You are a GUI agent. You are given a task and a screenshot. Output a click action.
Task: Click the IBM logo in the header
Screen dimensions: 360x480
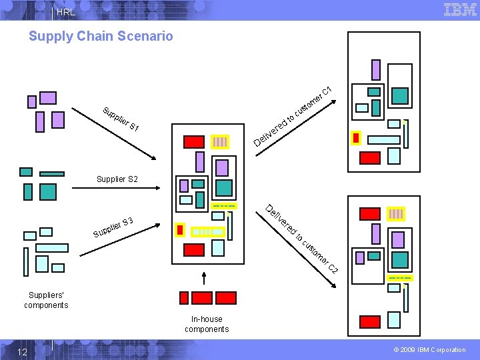(460, 9)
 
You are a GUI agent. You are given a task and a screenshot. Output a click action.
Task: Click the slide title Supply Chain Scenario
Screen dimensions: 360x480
(101, 36)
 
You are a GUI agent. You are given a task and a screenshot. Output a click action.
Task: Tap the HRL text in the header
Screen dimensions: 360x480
(66, 12)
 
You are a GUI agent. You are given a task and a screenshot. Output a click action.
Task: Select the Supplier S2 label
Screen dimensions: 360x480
(117, 179)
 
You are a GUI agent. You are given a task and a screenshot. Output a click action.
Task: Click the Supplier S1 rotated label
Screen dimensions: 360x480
(121, 118)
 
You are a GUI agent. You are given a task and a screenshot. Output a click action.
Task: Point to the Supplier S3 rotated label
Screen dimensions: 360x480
(113, 227)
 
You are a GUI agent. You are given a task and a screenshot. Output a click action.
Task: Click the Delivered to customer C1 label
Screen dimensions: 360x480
(293, 117)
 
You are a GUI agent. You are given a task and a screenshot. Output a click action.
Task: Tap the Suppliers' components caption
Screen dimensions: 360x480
(46, 300)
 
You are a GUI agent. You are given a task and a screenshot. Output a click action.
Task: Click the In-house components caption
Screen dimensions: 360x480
(207, 324)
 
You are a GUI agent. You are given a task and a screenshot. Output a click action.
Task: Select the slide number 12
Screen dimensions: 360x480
(22, 351)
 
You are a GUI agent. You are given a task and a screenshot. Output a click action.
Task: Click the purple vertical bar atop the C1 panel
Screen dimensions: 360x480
(376, 70)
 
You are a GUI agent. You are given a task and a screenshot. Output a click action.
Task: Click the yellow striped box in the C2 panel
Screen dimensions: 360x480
(396, 214)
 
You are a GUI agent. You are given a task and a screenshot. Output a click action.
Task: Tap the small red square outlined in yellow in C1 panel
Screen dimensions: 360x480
(356, 138)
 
